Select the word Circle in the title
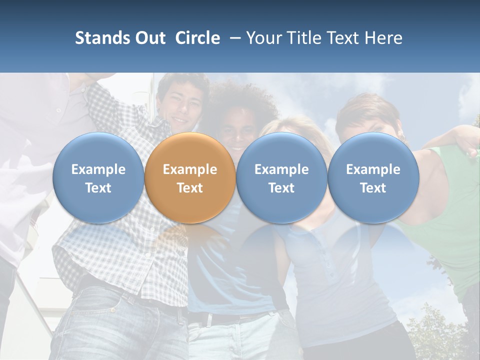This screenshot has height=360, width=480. pos(197,38)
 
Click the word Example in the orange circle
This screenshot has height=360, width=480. pos(190,169)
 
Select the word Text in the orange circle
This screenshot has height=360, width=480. pos(190,188)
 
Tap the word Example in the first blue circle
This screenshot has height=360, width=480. pos(98,169)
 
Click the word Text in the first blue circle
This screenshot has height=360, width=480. pos(98,188)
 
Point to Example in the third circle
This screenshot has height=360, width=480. pos(281,169)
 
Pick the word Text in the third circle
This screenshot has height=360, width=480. pos(281,188)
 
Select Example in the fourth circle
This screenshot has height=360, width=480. pos(373,169)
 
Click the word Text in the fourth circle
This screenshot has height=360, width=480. pos(373,188)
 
